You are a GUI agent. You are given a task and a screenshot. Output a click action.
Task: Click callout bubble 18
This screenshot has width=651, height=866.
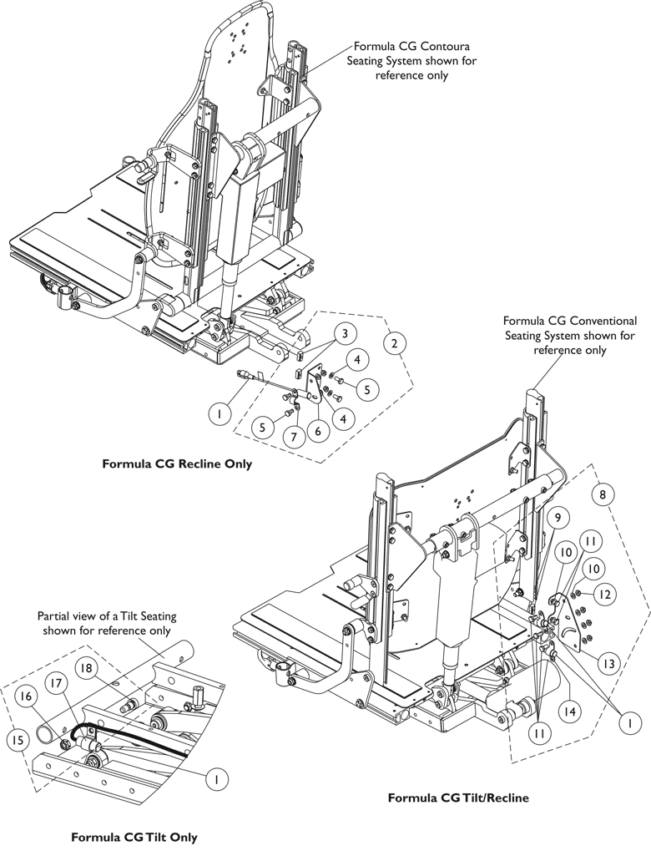coord(86,667)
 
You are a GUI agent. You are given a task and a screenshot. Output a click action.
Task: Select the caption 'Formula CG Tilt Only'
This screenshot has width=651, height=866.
coord(134,837)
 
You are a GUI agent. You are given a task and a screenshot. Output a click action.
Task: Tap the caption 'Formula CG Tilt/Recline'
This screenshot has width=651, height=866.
coord(458,798)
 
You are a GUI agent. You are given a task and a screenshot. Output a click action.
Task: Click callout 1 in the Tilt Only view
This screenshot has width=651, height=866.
coord(217,777)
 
